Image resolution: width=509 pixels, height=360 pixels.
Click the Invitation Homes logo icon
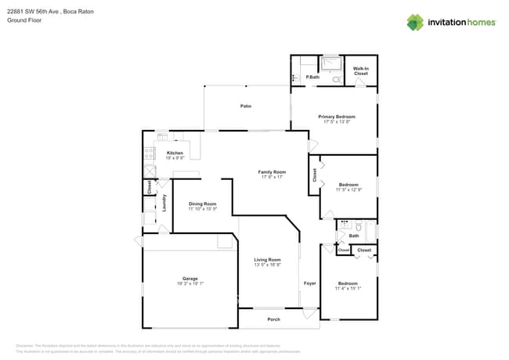coord(415,23)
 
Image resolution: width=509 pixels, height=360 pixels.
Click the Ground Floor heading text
coord(23,21)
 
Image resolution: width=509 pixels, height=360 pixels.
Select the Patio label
coord(245,106)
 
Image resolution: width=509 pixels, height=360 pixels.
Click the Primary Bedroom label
coord(337,117)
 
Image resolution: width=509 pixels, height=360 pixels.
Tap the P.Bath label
coord(312,77)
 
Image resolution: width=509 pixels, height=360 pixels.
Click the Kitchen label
coord(175,153)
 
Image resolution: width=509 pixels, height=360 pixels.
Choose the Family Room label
coord(273,171)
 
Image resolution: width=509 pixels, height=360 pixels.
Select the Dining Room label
coord(202,204)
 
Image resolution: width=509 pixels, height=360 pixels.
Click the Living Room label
coord(267,260)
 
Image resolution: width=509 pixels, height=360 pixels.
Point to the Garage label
coord(190,279)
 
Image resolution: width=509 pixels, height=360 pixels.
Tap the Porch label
coord(273,319)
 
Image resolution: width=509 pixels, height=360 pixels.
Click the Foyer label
coord(309,283)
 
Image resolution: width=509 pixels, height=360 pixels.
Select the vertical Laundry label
coord(164,203)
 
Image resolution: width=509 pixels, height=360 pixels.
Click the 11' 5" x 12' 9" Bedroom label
coord(348,185)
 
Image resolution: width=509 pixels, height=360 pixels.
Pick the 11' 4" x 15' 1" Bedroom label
coord(348,283)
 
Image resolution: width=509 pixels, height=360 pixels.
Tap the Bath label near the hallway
coord(354,236)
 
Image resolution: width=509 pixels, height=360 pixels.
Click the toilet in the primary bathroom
coord(335,78)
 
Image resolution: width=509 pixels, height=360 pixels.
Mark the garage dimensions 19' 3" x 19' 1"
coord(190,284)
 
